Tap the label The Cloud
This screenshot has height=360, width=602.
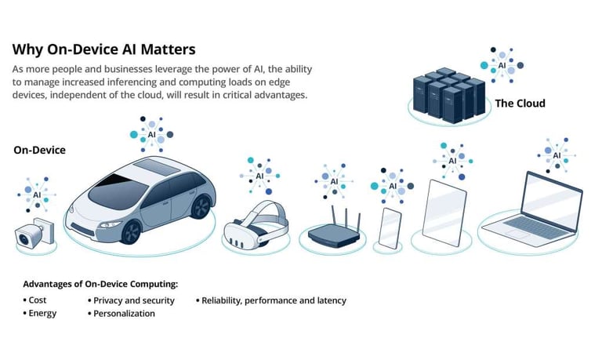[520, 103]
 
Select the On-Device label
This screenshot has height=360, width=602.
[39, 150]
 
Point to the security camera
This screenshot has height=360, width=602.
[33, 231]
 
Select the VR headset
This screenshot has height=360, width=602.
[255, 223]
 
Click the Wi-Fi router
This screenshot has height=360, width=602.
[334, 230]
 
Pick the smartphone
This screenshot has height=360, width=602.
[390, 228]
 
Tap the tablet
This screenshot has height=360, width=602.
[444, 207]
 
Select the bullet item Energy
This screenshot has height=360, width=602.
[42, 314]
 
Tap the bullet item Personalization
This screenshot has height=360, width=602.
[124, 314]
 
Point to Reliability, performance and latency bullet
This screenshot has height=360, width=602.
[274, 300]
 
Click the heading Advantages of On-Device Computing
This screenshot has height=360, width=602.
[100, 283]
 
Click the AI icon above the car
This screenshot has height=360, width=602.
[151, 134]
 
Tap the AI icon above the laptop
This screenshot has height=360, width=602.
[557, 155]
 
